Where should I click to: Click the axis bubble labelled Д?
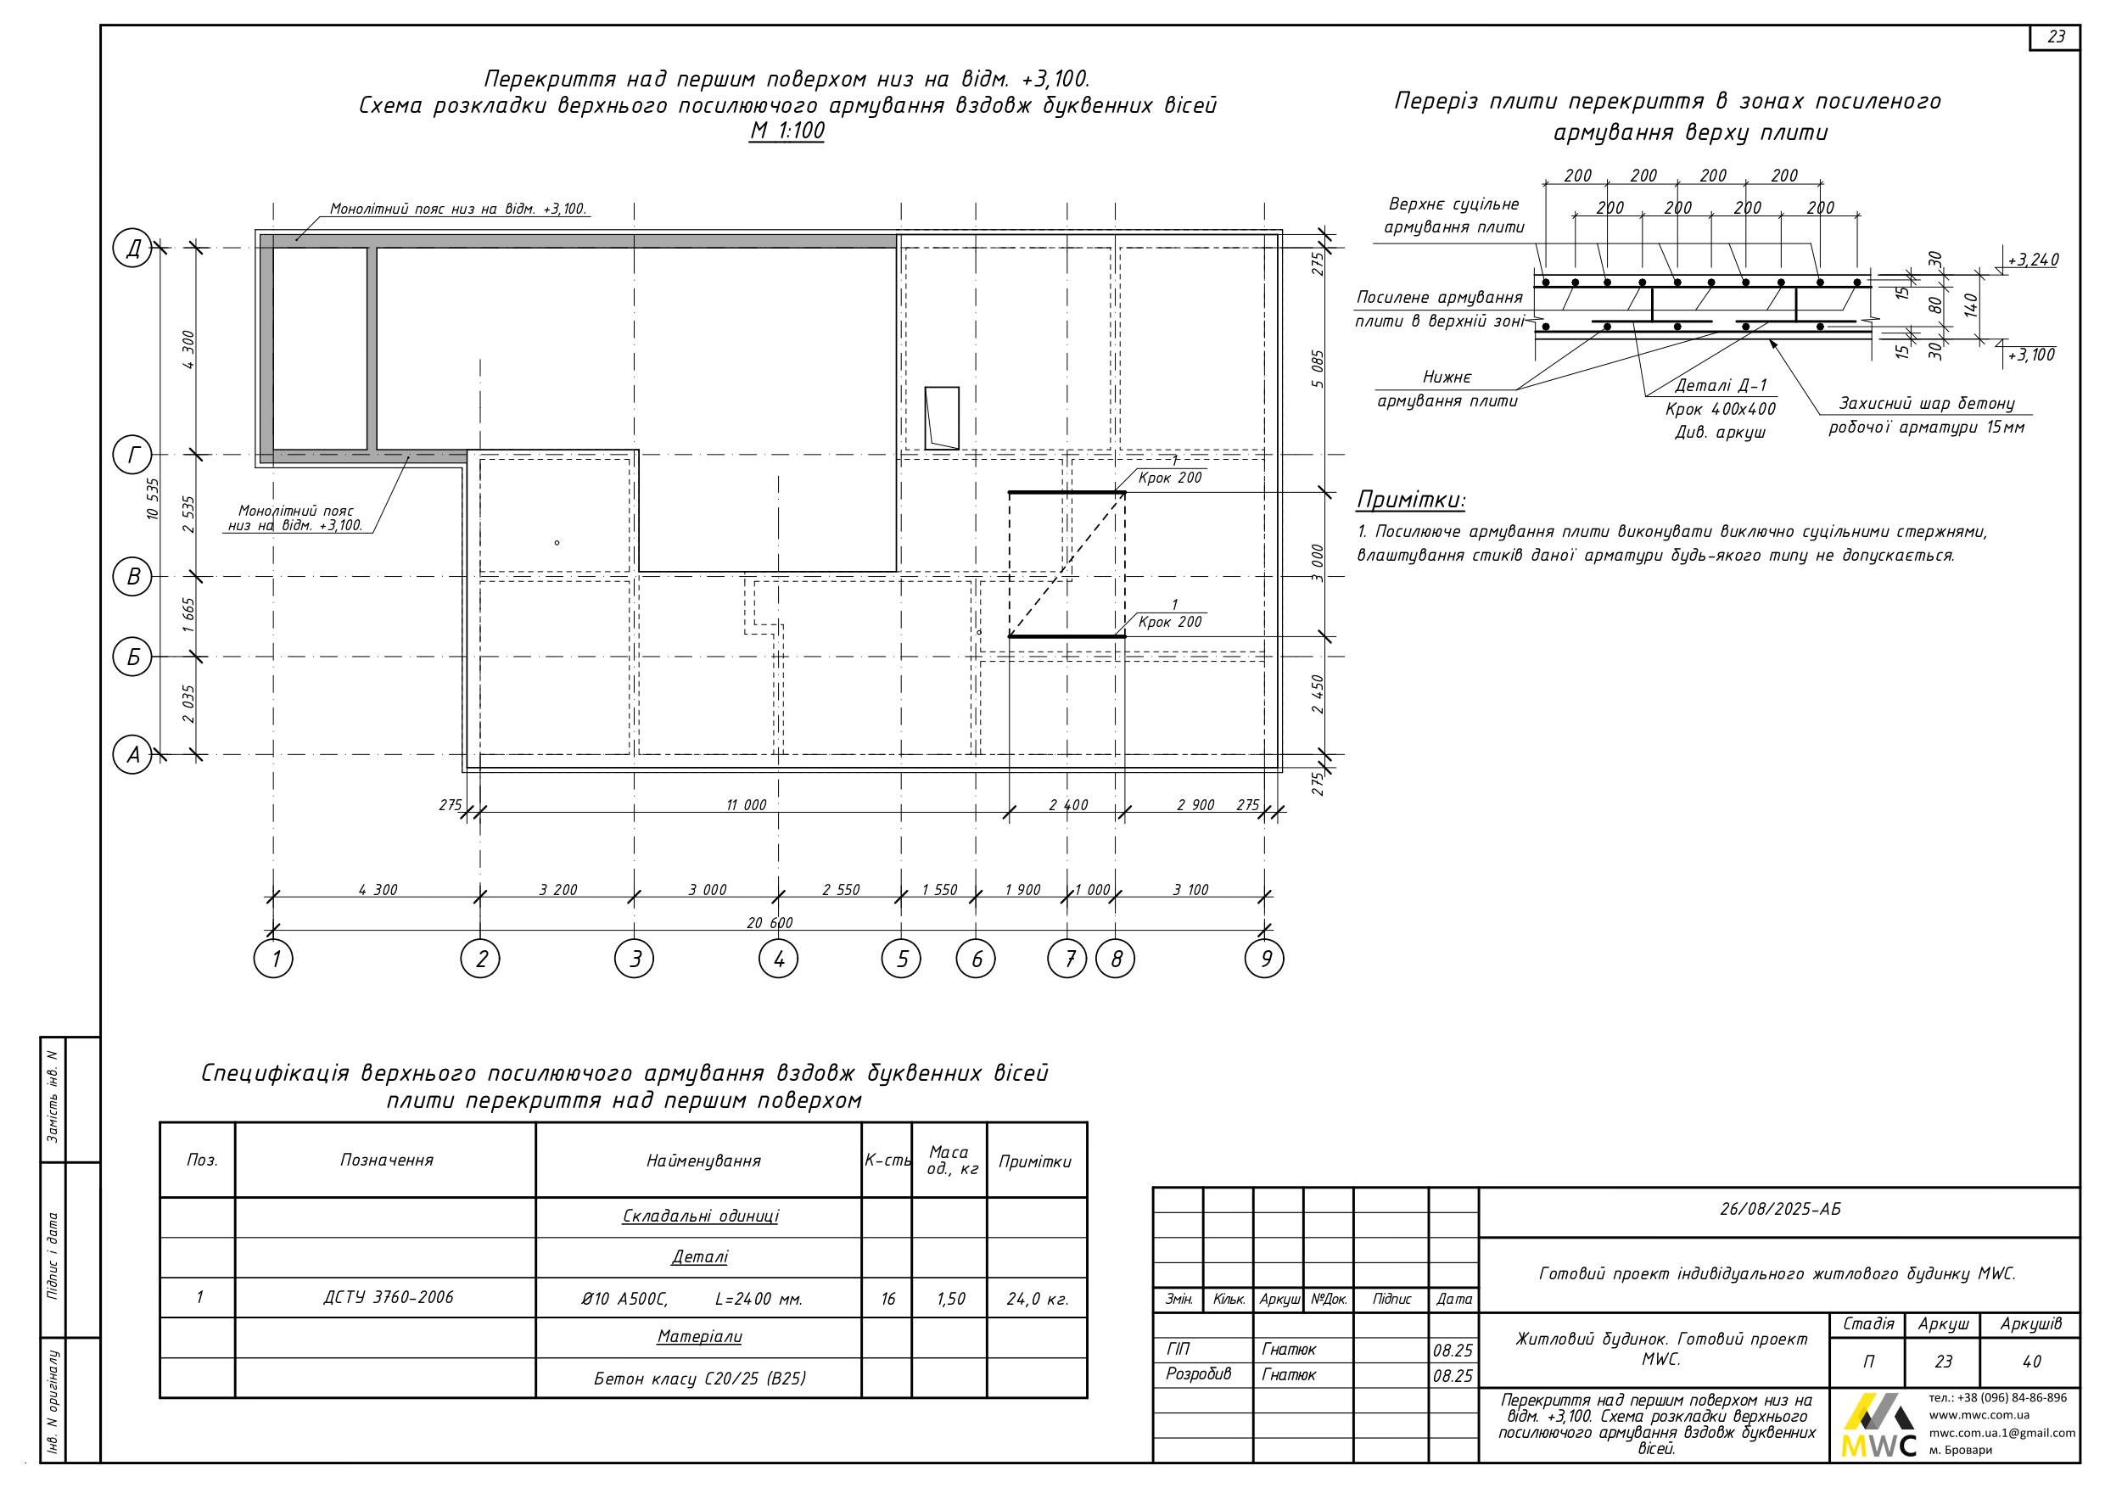click(x=133, y=249)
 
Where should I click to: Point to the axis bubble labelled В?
click(x=133, y=577)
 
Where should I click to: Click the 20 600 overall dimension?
click(x=770, y=922)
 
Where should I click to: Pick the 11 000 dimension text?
click(x=747, y=805)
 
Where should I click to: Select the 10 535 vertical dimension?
click(x=153, y=500)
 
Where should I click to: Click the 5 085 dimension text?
click(x=1318, y=368)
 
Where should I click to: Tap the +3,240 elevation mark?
click(x=2033, y=260)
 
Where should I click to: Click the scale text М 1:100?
click(x=787, y=131)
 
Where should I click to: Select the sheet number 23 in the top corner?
click(x=2056, y=36)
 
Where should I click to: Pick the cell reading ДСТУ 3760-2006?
click(x=388, y=1297)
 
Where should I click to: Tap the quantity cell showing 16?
click(x=887, y=1299)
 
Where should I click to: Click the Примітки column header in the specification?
click(x=1035, y=1161)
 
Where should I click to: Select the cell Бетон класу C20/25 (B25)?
click(x=699, y=1379)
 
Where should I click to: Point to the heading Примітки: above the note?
click(x=1410, y=501)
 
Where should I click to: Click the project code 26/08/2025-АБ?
click(x=1779, y=1209)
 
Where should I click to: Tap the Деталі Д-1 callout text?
click(x=1721, y=386)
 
